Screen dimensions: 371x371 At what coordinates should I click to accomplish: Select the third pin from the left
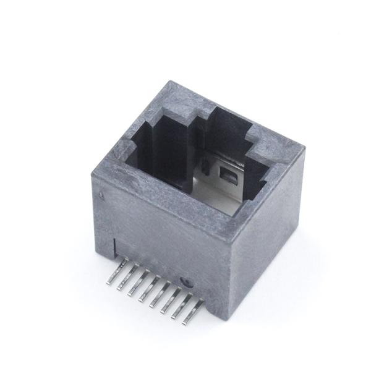pos(134,284)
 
